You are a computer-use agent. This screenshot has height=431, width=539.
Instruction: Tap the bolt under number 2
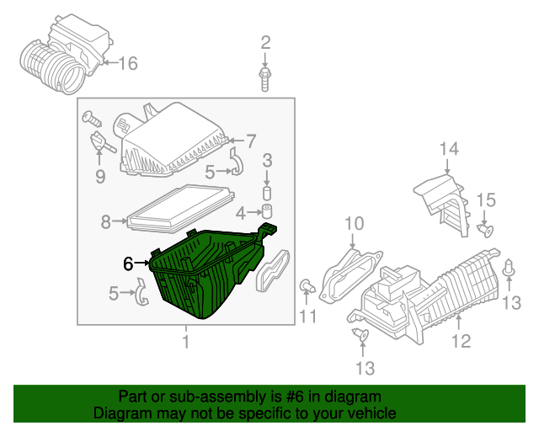point(265,77)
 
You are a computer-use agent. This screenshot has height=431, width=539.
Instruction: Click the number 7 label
point(250,141)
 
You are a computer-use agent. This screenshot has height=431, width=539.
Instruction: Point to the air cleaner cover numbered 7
point(173,139)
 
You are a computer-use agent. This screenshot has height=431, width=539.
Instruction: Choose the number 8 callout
point(106,222)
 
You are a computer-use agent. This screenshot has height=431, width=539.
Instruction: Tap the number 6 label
point(128,263)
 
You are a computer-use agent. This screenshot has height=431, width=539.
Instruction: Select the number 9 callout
point(99,176)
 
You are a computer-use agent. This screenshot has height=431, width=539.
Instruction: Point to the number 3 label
point(267,160)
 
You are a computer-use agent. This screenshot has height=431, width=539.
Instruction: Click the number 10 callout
point(354,223)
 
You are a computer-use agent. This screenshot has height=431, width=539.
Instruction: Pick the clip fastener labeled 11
point(307,289)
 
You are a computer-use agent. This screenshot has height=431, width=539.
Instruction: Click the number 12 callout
point(460,341)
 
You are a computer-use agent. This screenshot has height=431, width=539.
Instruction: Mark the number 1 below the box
point(185,341)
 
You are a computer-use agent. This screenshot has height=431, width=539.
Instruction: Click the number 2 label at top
point(265,42)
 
